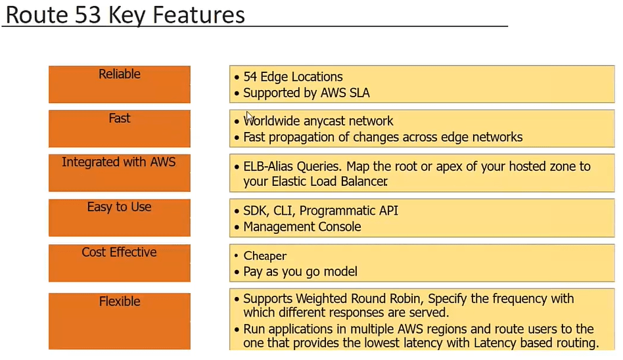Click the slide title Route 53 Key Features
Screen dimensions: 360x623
[x=125, y=14]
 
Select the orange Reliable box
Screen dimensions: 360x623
[x=120, y=84]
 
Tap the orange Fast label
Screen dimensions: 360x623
[x=120, y=128]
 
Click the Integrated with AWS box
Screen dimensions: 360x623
[x=120, y=172]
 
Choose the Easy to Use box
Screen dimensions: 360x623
[x=120, y=217]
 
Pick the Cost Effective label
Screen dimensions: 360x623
[x=120, y=262]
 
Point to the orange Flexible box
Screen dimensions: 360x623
[x=120, y=321]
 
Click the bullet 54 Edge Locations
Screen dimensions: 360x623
[x=292, y=77]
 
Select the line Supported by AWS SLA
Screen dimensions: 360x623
[x=306, y=93]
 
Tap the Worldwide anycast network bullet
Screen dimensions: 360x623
[x=318, y=121]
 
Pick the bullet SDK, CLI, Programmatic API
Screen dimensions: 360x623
[x=321, y=211]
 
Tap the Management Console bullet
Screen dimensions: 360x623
[x=302, y=227]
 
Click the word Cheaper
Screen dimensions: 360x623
[x=265, y=256]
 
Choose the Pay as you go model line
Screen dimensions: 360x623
[x=300, y=271]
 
